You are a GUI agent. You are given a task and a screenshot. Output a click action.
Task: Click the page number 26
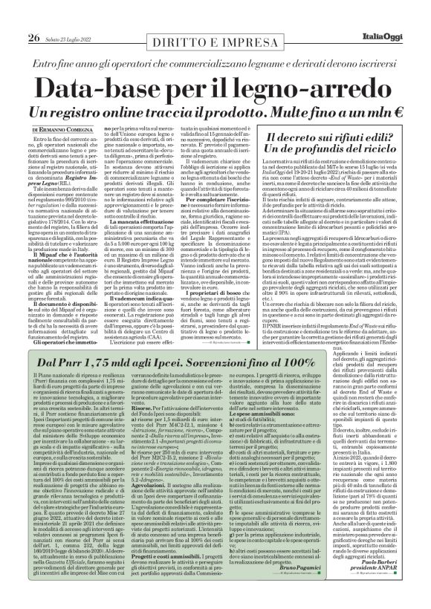point(34,16)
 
